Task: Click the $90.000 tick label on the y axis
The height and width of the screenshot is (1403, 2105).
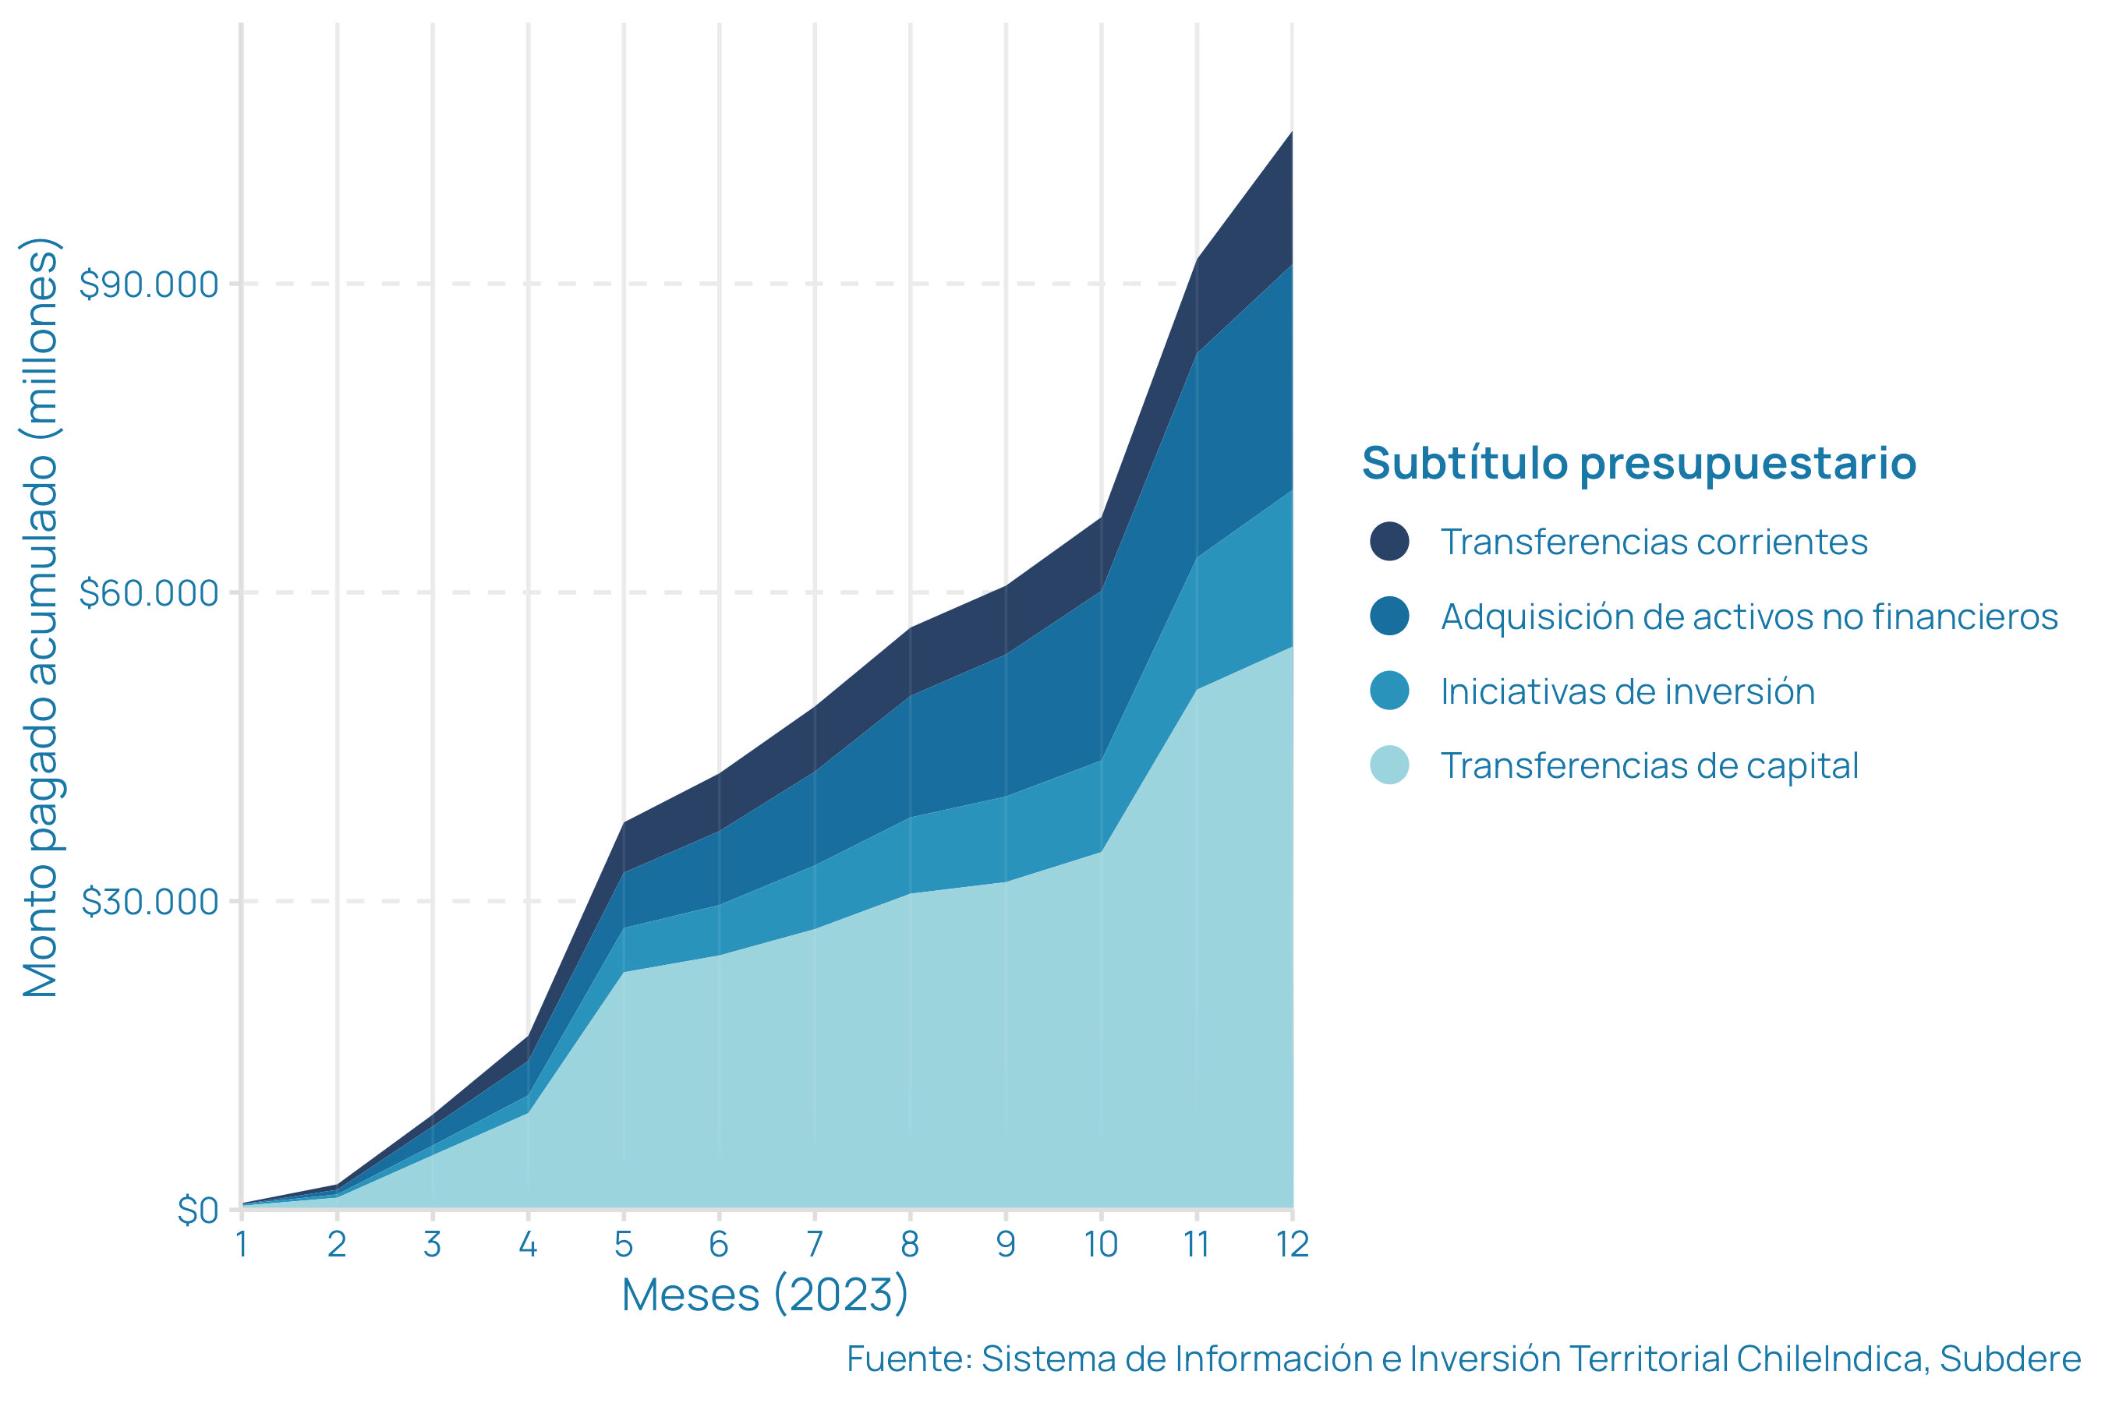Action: (x=149, y=284)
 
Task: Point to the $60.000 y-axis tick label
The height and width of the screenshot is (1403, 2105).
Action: (x=149, y=592)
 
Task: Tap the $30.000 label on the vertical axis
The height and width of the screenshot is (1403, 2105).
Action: (x=150, y=902)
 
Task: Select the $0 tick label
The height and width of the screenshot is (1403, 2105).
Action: (x=198, y=1210)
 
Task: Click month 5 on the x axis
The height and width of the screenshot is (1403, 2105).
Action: (x=624, y=1245)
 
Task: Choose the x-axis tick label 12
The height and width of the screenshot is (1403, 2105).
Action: (x=1293, y=1245)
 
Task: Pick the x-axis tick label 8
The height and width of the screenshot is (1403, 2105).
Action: (x=910, y=1245)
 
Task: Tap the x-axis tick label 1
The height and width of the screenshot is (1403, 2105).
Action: (x=242, y=1245)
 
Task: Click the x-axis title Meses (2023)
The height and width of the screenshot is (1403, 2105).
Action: (x=766, y=1295)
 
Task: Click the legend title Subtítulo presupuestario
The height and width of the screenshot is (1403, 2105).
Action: (x=1639, y=464)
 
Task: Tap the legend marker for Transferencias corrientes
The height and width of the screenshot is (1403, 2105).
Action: (x=1389, y=542)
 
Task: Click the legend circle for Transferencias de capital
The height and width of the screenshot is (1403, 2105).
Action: (x=1389, y=766)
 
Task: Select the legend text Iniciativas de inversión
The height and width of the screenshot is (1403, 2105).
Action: (x=1627, y=691)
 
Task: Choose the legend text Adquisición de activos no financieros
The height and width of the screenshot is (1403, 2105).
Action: (x=1749, y=617)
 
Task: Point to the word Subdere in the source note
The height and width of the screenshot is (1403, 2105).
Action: (x=2009, y=1359)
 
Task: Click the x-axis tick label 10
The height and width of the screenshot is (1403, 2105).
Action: (x=1101, y=1245)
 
